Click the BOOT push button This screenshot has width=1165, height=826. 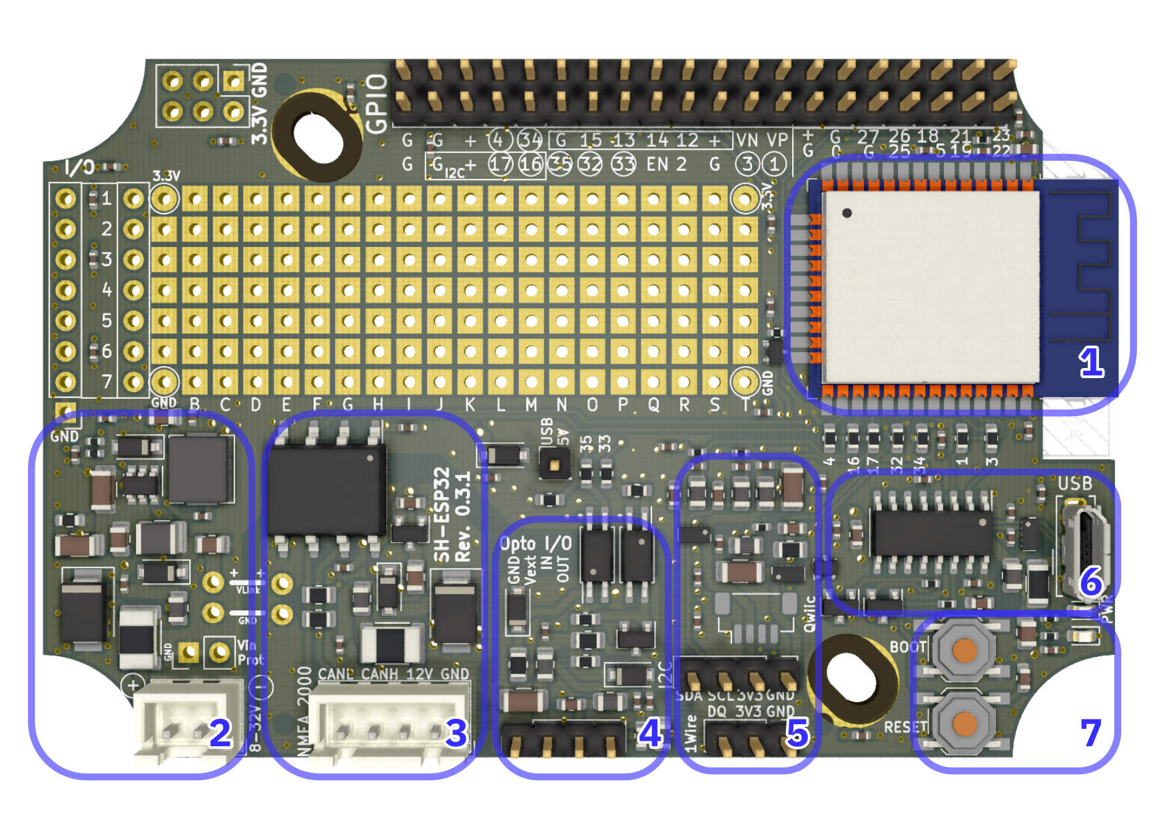click(963, 650)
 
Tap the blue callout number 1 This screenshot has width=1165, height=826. click(1091, 363)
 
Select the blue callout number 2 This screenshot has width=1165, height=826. click(220, 733)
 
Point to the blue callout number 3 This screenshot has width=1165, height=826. click(456, 733)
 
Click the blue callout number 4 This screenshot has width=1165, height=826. click(650, 733)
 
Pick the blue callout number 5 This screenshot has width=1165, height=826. click(798, 733)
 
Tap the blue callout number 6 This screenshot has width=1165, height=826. click(1091, 582)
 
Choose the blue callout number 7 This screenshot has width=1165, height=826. click(1090, 733)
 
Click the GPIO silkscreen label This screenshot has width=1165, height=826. click(377, 103)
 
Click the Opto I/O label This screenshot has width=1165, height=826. click(536, 544)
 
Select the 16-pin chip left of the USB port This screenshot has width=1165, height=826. click(931, 532)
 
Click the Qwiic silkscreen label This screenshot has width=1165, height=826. click(809, 613)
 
